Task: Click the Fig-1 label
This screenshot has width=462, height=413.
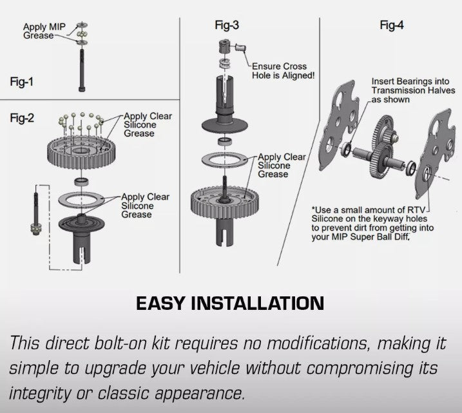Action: point(21,82)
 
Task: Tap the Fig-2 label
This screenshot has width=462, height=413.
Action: point(22,118)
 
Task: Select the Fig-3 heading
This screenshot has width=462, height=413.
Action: point(227,25)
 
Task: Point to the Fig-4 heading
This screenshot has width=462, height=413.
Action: point(392,25)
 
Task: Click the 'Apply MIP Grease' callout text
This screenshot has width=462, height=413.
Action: point(44,31)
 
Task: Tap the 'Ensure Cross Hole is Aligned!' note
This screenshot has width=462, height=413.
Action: point(283,71)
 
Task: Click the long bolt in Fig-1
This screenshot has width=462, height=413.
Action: point(82,70)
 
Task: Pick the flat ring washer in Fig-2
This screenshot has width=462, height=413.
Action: point(81,199)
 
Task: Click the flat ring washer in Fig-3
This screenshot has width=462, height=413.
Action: point(225,160)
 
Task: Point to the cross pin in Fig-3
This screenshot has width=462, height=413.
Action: point(241,48)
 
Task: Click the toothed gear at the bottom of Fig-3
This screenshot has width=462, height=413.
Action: point(225,203)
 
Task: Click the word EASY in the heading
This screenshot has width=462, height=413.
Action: point(160,303)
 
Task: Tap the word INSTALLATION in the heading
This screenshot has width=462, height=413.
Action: point(258,303)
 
